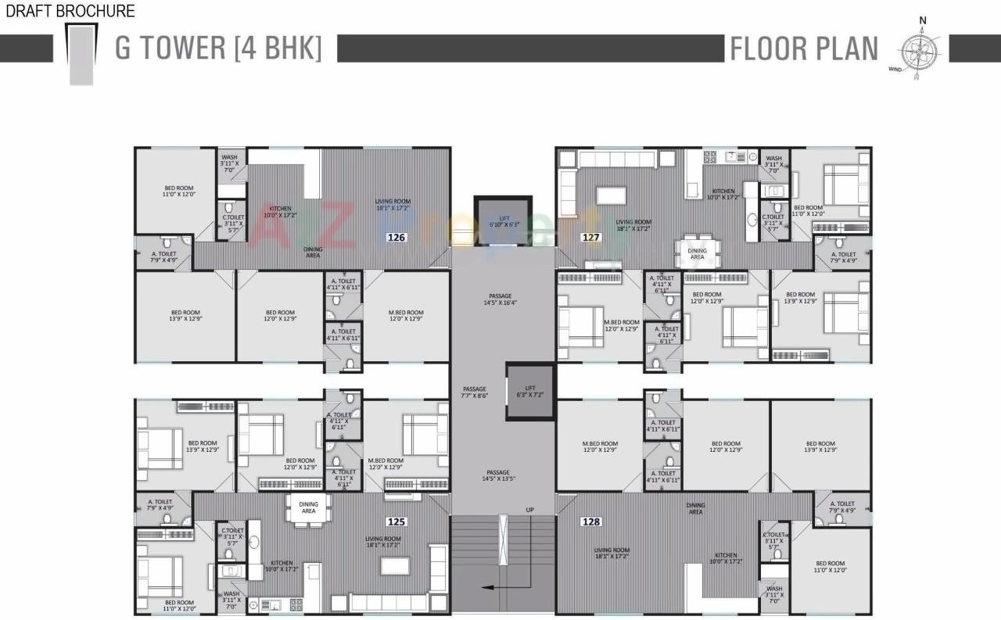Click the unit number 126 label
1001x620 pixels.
point(396,237)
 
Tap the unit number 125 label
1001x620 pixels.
point(396,521)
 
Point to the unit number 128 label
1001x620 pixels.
point(591,521)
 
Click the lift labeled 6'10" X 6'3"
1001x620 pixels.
point(503,220)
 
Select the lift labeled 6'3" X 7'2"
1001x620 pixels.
point(530,391)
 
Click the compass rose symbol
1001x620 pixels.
point(920,49)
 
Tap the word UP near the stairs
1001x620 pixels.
point(529,510)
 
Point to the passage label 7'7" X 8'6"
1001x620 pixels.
point(475,392)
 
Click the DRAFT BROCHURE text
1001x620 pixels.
point(68,11)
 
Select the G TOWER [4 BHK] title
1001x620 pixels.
point(218,48)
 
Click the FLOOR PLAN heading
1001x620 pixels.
point(803,48)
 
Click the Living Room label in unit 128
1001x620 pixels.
point(612,554)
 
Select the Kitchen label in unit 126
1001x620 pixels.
point(281,212)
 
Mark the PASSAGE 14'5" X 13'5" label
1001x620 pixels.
point(497,476)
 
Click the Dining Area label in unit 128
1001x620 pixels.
point(695,508)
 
